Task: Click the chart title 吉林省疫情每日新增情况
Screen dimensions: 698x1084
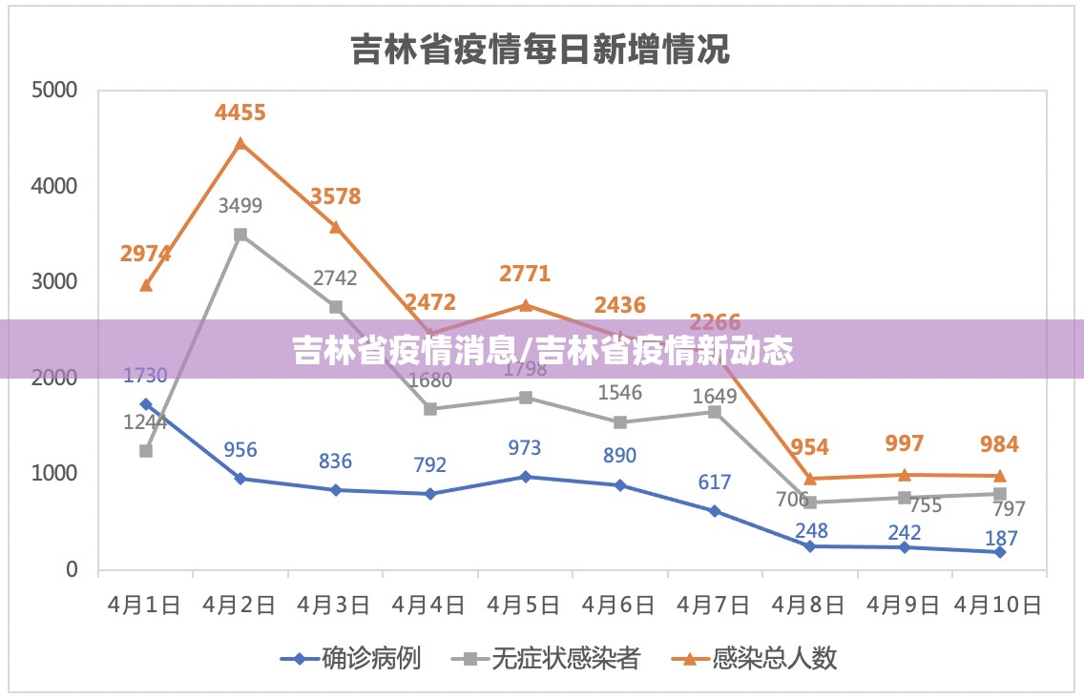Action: pyautogui.click(x=540, y=49)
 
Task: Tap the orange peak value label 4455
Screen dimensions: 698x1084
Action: pyautogui.click(x=240, y=113)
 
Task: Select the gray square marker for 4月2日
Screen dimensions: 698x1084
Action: pyautogui.click(x=240, y=235)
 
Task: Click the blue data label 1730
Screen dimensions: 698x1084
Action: pyautogui.click(x=145, y=376)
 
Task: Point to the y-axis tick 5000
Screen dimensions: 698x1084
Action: pyautogui.click(x=53, y=91)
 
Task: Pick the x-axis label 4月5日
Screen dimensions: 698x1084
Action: pyautogui.click(x=524, y=606)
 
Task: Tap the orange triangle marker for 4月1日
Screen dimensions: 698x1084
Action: pyautogui.click(x=146, y=285)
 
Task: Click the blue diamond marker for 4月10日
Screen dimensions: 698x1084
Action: pyautogui.click(x=1000, y=552)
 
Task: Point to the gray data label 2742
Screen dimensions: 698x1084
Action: pyautogui.click(x=335, y=278)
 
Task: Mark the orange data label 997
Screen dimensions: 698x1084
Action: pyautogui.click(x=904, y=443)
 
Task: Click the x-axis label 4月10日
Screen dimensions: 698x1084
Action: pyautogui.click(x=999, y=606)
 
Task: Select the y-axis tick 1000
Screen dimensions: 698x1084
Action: pyautogui.click(x=53, y=474)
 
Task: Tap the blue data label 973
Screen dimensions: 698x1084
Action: pyautogui.click(x=524, y=448)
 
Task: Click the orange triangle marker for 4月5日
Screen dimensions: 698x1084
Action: pyautogui.click(x=526, y=305)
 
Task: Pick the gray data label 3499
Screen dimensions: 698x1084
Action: pyautogui.click(x=240, y=205)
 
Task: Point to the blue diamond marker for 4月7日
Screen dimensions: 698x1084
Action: pyautogui.click(x=715, y=511)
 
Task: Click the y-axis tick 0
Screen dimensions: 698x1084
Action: pyautogui.click(x=71, y=569)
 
